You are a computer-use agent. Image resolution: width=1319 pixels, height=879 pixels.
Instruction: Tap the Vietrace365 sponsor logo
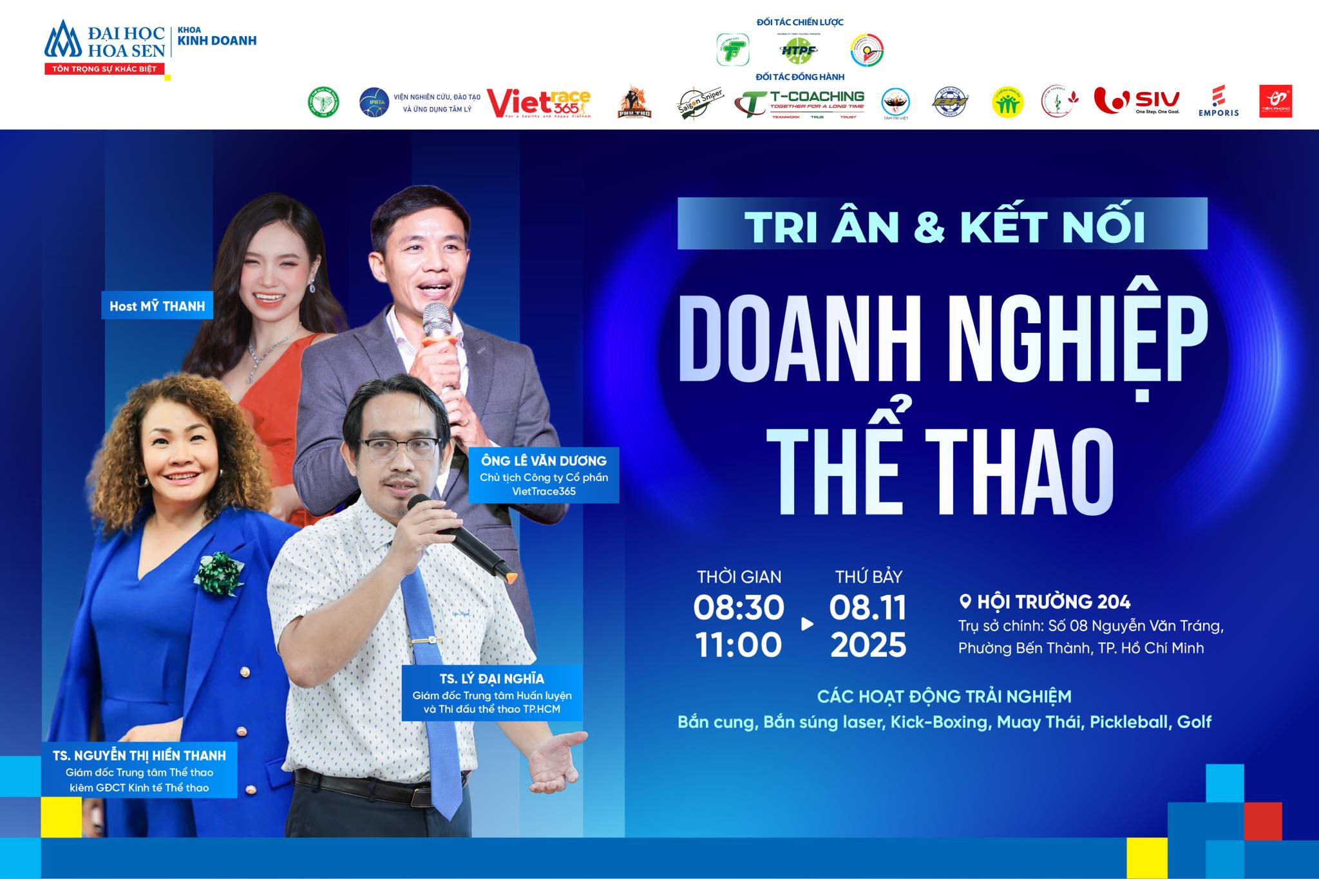point(538,103)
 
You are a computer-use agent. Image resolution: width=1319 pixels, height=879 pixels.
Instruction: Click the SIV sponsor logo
point(1137,101)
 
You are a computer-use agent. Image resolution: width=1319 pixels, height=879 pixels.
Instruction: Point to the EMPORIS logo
point(1218,102)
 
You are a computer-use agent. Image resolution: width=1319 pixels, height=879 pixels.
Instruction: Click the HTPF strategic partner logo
point(799,49)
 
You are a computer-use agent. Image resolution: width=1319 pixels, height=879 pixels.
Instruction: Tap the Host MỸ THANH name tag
point(157,306)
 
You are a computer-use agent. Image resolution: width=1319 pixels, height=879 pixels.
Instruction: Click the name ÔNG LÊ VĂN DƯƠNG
point(544,460)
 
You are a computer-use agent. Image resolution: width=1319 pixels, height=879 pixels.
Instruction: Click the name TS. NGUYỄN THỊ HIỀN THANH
point(140,755)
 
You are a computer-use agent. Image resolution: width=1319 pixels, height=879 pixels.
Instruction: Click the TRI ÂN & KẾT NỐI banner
point(942,224)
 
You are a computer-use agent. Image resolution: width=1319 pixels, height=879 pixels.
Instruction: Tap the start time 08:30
point(739,607)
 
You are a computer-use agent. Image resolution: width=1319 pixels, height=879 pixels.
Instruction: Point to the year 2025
point(868,645)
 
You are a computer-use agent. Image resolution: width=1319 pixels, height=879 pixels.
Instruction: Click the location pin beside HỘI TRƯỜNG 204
point(965,601)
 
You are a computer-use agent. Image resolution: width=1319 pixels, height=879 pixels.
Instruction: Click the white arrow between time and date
point(806,623)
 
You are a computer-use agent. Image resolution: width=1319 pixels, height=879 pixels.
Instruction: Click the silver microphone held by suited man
point(437,328)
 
